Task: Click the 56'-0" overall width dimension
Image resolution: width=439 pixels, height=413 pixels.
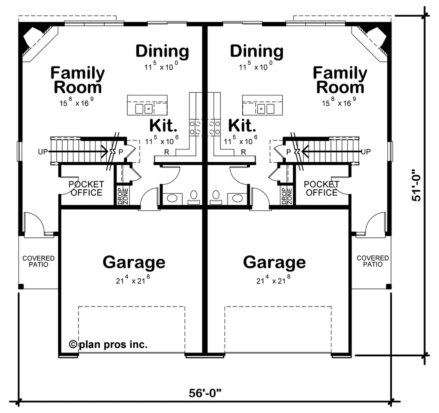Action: pos(205,393)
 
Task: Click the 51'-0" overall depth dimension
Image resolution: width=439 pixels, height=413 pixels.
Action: pos(416,185)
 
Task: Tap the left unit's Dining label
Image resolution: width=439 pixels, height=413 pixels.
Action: pos(162,52)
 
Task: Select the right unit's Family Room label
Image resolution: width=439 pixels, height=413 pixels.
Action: pos(340,80)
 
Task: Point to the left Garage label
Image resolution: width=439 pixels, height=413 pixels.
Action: pos(134,262)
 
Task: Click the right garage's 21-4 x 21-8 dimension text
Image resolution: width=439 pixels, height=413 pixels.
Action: pos(273,279)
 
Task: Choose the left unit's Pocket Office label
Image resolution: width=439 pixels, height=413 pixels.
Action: pos(86,188)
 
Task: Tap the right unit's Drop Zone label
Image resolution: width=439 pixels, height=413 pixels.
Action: pos(287,196)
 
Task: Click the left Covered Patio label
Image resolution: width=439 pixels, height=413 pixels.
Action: pos(39,261)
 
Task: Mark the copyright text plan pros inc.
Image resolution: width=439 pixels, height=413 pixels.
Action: pos(108,344)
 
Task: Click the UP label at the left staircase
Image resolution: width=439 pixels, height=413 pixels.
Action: pos(43,152)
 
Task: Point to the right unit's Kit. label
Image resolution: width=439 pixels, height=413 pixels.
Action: pos(242,125)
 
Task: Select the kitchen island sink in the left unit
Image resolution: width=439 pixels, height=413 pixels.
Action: pos(144,109)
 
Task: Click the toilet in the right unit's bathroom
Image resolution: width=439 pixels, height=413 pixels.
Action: pos(216,197)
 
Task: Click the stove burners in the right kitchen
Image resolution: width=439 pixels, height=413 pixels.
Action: pos(215,127)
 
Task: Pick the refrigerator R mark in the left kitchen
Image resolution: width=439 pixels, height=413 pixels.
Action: pos(167,152)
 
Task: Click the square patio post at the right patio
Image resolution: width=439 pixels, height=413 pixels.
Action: pos(388,286)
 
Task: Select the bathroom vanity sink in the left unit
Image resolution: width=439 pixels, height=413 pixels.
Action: pos(172,198)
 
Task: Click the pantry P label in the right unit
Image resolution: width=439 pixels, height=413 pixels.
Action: pos(289,152)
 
